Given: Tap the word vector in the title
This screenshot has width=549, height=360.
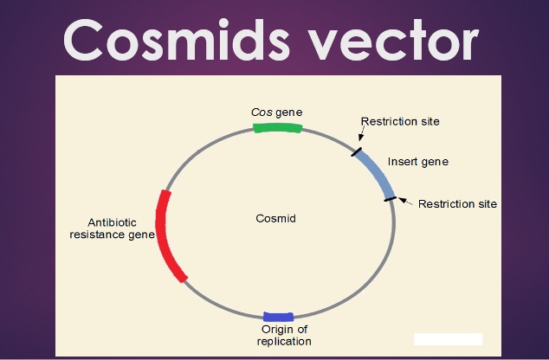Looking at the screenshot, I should [394, 40].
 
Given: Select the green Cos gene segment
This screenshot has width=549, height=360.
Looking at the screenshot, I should [277, 127].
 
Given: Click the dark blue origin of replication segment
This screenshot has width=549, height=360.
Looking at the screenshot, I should [278, 316].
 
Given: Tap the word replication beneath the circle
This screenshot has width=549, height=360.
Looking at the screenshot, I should [284, 341].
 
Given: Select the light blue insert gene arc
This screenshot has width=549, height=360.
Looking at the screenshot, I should [377, 173].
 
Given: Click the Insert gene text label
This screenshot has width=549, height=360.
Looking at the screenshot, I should [418, 162].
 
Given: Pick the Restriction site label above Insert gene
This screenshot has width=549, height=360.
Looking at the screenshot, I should [400, 121].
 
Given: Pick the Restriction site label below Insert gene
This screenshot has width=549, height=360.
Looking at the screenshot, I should [457, 204].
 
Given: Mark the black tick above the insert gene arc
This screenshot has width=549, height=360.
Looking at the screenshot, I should [357, 152].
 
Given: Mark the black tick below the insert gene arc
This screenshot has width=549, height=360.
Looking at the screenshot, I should [391, 199].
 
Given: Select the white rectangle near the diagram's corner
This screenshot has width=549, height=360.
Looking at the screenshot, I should [448, 339].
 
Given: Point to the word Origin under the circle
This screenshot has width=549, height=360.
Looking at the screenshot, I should [273, 329].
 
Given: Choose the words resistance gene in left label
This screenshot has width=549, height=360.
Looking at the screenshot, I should [112, 234].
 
